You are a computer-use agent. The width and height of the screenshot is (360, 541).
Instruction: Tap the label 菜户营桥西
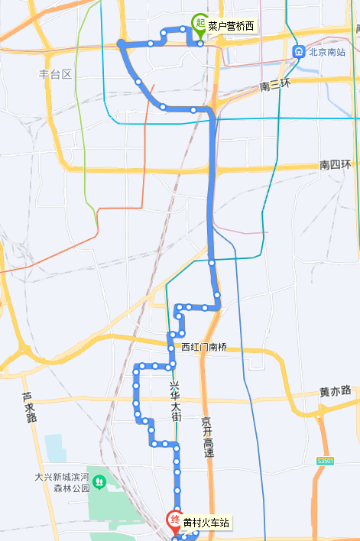coord(232,27)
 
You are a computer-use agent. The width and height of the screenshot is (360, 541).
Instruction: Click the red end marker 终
coord(175,522)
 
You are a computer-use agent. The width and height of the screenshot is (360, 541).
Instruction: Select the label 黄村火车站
coord(205,523)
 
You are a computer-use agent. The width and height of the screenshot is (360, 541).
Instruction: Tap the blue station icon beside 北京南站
coord(299,52)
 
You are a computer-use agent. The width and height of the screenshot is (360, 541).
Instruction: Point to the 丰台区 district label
coord(55,74)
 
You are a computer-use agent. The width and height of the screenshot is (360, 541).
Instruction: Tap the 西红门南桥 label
coord(204,347)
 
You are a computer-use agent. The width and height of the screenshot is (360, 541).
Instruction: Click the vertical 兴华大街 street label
coord(175,400)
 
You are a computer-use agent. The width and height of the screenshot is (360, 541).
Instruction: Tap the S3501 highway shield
coord(326,462)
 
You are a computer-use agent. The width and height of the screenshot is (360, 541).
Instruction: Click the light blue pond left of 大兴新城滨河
coord(55,448)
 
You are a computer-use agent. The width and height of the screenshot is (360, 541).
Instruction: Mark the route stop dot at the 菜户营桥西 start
coord(200,44)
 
